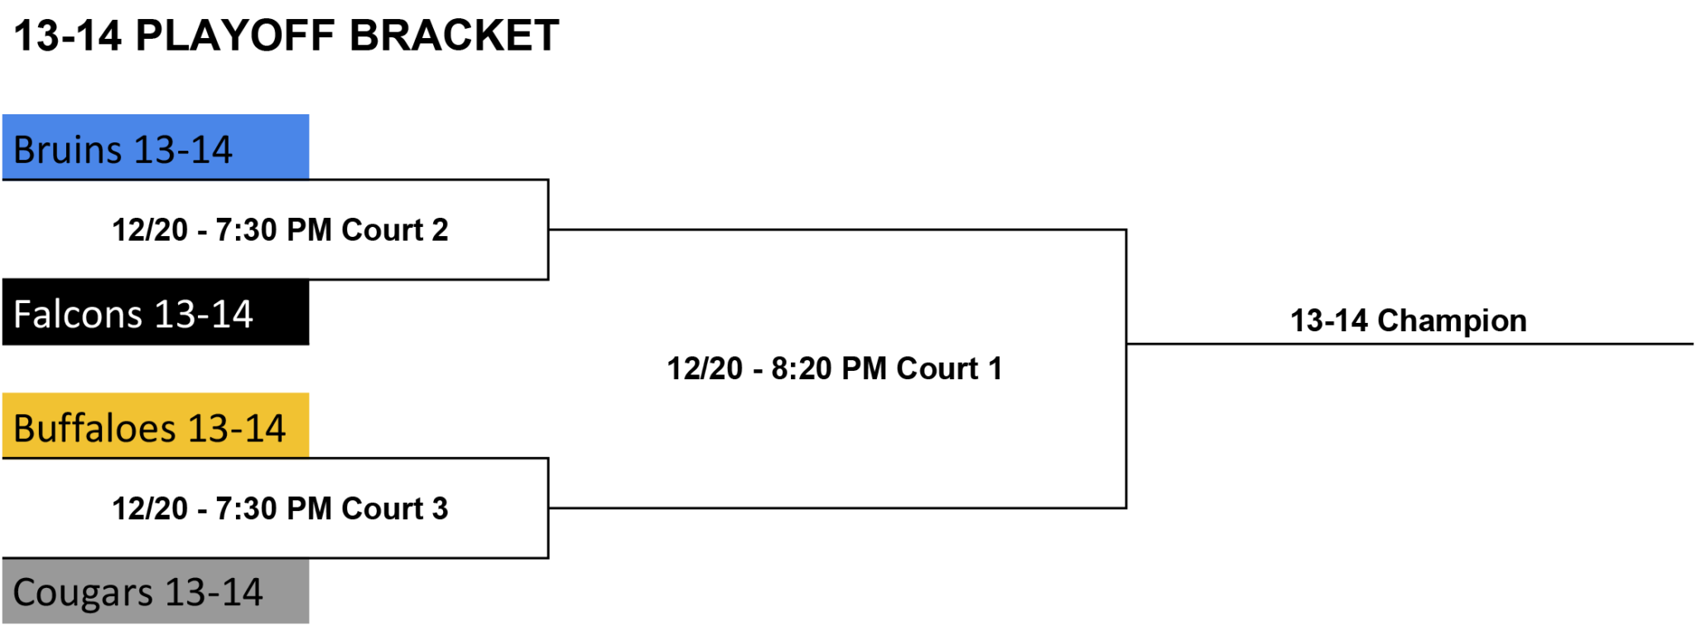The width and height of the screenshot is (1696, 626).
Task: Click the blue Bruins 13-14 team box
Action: click(x=156, y=147)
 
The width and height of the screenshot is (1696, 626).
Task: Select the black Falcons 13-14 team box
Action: click(x=156, y=312)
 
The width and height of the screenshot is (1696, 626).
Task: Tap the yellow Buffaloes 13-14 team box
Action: click(x=156, y=426)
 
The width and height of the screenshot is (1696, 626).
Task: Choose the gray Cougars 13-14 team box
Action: click(x=156, y=591)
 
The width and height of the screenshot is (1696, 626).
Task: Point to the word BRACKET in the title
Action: click(x=454, y=36)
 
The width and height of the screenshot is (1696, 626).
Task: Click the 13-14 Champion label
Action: click(x=1408, y=320)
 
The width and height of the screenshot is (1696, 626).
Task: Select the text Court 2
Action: click(x=395, y=229)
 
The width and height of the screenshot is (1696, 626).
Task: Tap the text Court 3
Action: click(x=395, y=508)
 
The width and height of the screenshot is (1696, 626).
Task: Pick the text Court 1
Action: click(x=950, y=368)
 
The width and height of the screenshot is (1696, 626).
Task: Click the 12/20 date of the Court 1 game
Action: click(x=705, y=368)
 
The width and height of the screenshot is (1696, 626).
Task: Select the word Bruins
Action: click(x=68, y=150)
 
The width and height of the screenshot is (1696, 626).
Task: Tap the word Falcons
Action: click(x=79, y=315)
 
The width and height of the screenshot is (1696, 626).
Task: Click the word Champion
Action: click(x=1452, y=320)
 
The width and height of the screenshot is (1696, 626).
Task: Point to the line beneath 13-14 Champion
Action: click(x=1409, y=344)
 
